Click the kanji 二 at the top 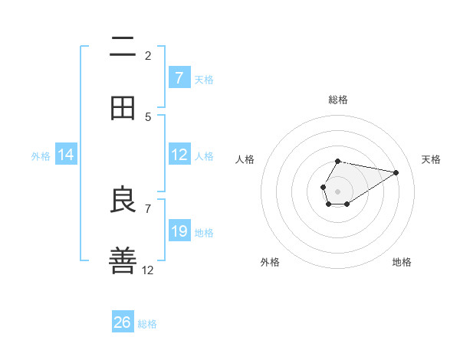point(123,47)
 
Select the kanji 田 point(123,108)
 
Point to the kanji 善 point(123,260)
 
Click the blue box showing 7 point(179,77)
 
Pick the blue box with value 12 point(179,155)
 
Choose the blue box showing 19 point(179,231)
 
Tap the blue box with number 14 point(66,155)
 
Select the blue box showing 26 point(123,322)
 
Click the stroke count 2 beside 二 point(148,55)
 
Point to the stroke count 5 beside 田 point(148,116)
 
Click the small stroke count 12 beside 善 point(148,270)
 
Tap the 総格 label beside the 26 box point(147,324)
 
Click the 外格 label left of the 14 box point(41,155)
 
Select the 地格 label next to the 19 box point(204,232)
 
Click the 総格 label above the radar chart point(337,100)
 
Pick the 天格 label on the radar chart point(431,159)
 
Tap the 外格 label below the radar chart point(270,262)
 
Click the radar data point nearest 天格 point(396,172)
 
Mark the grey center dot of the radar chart point(337,191)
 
